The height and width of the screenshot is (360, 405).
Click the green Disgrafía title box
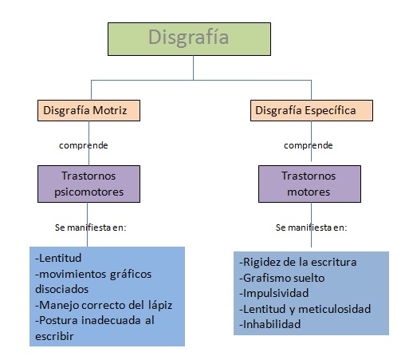[x=189, y=39]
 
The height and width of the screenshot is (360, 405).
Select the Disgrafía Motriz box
[x=88, y=110]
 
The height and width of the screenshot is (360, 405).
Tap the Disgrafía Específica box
[x=312, y=110]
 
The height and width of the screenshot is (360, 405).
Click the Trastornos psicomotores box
[x=88, y=184]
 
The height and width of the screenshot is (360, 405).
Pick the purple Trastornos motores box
[x=309, y=184]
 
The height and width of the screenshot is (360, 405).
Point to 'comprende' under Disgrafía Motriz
[x=84, y=145]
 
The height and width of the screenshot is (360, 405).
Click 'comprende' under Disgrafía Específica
[x=309, y=145]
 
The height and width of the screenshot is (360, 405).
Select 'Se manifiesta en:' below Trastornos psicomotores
[x=90, y=227]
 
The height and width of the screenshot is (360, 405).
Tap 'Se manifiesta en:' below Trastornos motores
[x=312, y=227]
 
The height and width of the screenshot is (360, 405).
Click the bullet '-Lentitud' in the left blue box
[x=58, y=258]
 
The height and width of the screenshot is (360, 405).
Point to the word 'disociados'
[x=61, y=289]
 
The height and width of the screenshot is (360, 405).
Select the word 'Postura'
[x=58, y=320]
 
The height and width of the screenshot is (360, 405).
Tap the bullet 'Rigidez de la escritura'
[x=297, y=263]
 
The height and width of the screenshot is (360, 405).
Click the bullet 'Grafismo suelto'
[x=281, y=278]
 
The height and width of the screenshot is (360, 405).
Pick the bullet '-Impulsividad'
[x=273, y=293]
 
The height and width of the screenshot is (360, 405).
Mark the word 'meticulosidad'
[x=334, y=309]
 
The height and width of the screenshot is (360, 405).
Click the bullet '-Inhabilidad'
[x=269, y=324]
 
